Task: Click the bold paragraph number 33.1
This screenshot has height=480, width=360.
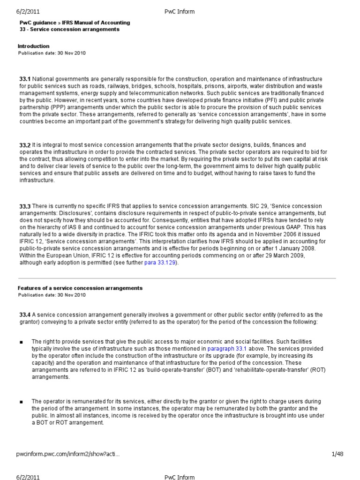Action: pyautogui.click(x=25, y=79)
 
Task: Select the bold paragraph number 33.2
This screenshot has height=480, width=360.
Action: pyautogui.click(x=25, y=146)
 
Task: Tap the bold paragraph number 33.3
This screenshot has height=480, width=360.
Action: pyautogui.click(x=25, y=206)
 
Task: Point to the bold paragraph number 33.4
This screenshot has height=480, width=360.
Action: pyautogui.click(x=25, y=315)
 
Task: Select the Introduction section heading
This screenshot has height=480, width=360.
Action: pyautogui.click(x=33, y=46)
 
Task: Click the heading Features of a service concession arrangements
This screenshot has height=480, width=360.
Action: pyautogui.click(x=80, y=288)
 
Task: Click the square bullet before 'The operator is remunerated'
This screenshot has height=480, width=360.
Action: pyautogui.click(x=22, y=402)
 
